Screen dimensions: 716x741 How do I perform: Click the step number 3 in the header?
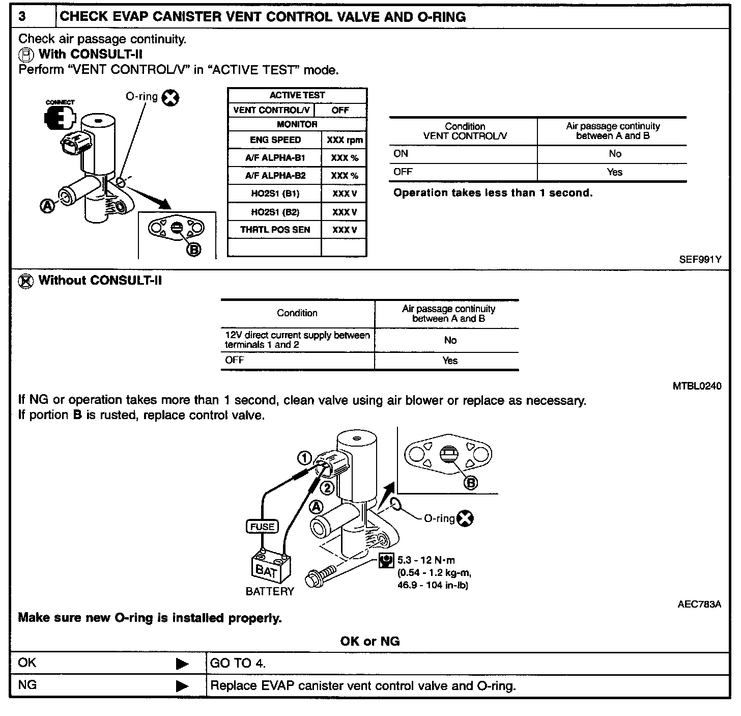pyautogui.click(x=22, y=17)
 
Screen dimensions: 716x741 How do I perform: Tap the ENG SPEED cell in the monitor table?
pyautogui.click(x=275, y=140)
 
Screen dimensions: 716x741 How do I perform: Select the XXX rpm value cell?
pyautogui.click(x=345, y=140)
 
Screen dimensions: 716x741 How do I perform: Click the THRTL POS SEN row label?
pyautogui.click(x=275, y=230)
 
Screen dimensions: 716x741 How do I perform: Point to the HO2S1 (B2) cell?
pyautogui.click(x=275, y=212)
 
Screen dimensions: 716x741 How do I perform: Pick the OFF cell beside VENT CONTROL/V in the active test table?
pyautogui.click(x=340, y=110)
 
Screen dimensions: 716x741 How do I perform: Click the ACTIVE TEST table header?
pyautogui.click(x=297, y=95)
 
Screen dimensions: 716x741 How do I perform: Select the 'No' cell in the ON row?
pyautogui.click(x=614, y=154)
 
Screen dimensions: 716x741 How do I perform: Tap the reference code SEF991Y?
pyautogui.click(x=700, y=259)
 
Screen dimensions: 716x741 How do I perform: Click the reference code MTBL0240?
pyautogui.click(x=697, y=386)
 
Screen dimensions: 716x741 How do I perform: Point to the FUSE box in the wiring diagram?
pyautogui.click(x=263, y=527)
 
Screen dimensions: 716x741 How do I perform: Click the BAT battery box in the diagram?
pyautogui.click(x=271, y=569)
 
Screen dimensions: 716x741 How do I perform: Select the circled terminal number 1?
pyautogui.click(x=304, y=459)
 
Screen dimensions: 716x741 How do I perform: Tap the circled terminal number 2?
pyautogui.click(x=327, y=488)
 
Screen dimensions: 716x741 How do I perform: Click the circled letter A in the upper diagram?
pyautogui.click(x=47, y=206)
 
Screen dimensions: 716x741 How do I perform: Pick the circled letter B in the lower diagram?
pyautogui.click(x=471, y=482)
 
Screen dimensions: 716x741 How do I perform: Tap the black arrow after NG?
pyautogui.click(x=182, y=686)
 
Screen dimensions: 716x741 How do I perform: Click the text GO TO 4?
pyautogui.click(x=238, y=663)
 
